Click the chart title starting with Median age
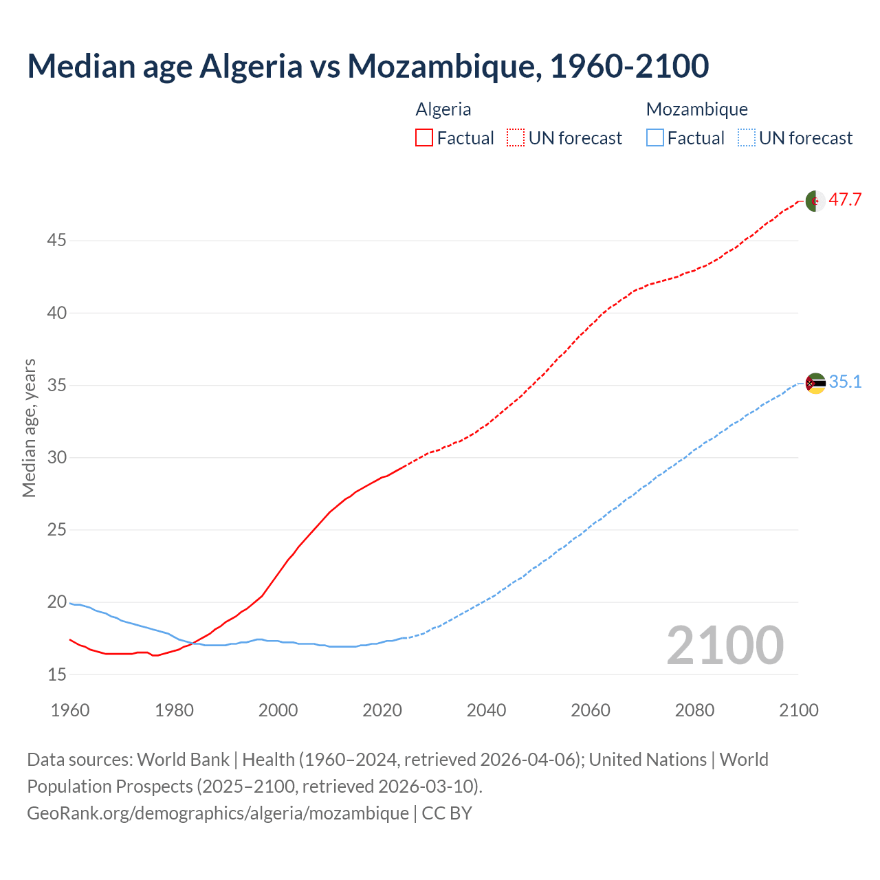pos(368,66)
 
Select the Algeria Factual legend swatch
pos(424,138)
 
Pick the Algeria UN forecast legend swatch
pos(516,138)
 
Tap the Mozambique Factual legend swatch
pos(655,138)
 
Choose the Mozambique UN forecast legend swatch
pos(746,138)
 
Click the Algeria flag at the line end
pos(815,201)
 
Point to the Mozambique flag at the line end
pos(815,383)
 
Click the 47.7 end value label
pos(845,200)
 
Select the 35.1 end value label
pos(845,382)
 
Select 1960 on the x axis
pos(70,710)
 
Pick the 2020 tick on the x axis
pos(382,710)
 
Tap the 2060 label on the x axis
pos(591,710)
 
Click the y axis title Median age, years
pos(29,428)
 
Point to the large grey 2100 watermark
pos(725,645)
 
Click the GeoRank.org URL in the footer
pos(218,813)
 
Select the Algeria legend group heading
pos(443,109)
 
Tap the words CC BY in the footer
pos(447,813)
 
